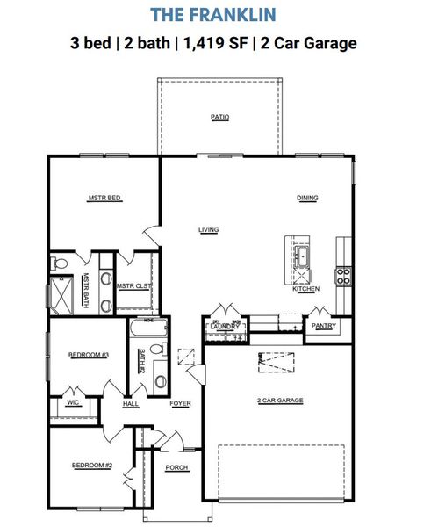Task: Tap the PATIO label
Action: (219, 117)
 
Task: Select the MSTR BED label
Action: (104, 199)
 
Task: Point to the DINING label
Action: (307, 198)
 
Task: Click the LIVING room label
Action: (208, 230)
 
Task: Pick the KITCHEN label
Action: (305, 288)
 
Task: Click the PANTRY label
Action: (323, 326)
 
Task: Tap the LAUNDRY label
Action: (221, 327)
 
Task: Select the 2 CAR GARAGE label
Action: (279, 401)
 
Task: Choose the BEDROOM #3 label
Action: (88, 355)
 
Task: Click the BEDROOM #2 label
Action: (91, 465)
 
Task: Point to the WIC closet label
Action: (73, 403)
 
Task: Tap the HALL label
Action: (131, 404)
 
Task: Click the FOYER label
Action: (180, 404)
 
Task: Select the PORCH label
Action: (176, 467)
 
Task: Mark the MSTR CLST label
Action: (133, 285)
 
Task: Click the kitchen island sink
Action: (301, 257)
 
